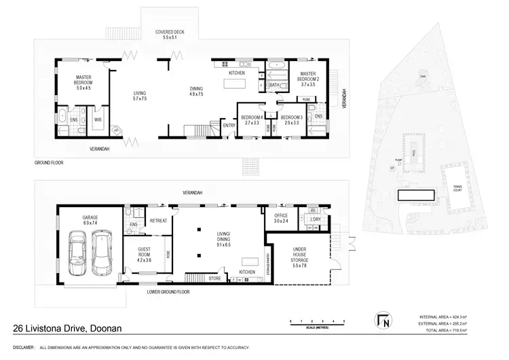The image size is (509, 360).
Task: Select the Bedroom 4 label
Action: pos(252,121)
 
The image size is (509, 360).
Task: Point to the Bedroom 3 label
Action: pos(292,121)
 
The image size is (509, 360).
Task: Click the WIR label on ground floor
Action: pos(98,120)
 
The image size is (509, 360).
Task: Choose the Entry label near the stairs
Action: pos(228,124)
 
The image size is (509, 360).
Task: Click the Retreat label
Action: pos(158,221)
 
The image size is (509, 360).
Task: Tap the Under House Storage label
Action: pos(299,255)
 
